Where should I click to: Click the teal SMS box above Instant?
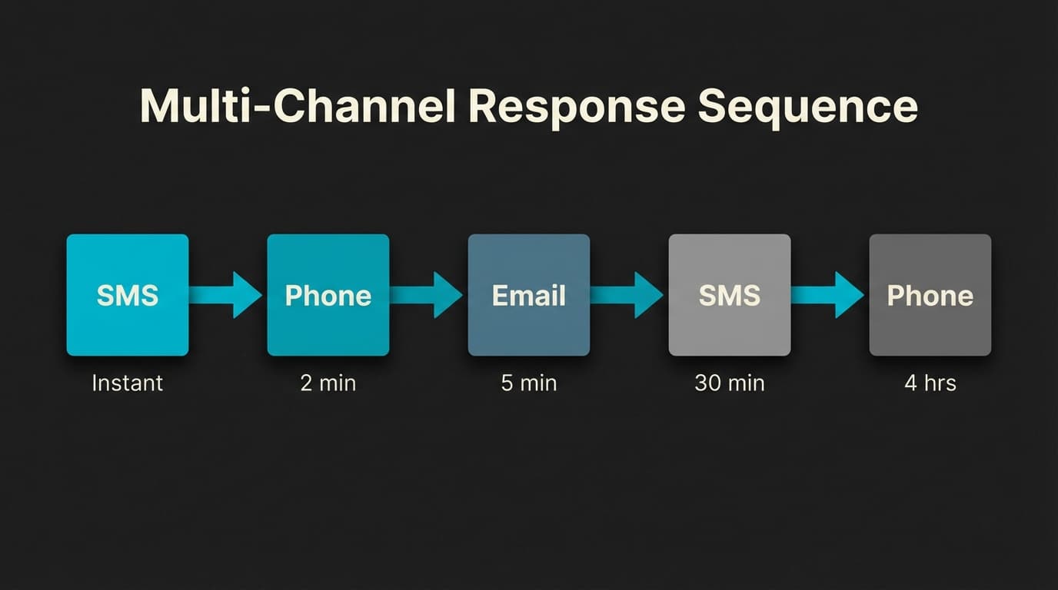128,295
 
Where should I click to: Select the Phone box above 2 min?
328,295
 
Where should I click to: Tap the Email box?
529,295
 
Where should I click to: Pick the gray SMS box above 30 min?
730,295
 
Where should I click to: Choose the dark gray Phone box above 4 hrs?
930,295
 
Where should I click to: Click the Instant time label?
128,383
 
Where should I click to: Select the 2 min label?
328,383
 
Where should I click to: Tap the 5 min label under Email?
529,383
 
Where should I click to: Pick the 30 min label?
730,383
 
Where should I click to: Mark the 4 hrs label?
930,383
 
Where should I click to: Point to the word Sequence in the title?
807,108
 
